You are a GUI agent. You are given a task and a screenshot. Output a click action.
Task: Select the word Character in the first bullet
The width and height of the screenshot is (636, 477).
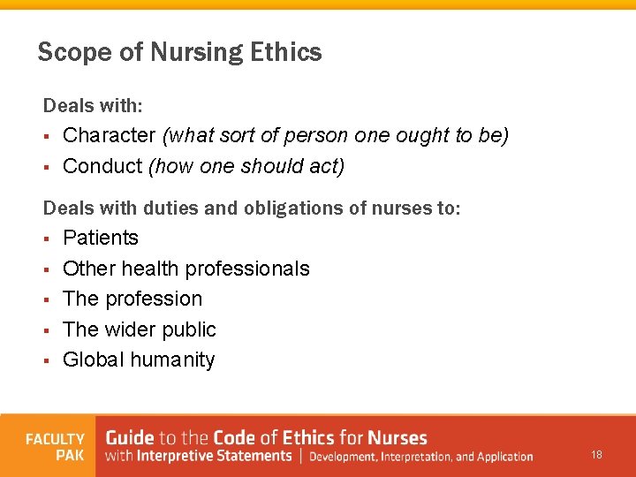[x=109, y=135]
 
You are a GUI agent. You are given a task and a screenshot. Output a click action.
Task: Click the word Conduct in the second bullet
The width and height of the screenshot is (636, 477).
[x=102, y=166]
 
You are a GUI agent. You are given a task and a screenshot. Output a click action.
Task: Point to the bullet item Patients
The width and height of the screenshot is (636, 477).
[x=101, y=238]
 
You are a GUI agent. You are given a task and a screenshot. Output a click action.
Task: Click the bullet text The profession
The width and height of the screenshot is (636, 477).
[x=132, y=299]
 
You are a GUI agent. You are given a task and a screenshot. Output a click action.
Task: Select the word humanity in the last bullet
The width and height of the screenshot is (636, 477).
[x=175, y=360]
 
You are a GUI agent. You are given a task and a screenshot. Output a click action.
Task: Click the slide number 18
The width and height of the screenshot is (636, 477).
[x=597, y=455]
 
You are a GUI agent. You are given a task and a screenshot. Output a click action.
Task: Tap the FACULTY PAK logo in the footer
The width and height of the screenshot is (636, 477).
[x=55, y=446]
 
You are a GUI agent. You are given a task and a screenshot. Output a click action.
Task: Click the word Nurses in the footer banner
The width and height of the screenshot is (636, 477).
[x=397, y=437]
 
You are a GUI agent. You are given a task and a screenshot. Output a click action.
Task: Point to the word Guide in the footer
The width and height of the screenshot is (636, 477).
[x=130, y=437]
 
